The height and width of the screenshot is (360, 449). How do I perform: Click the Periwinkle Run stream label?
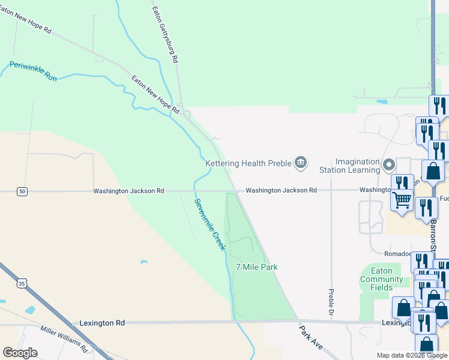[33, 71]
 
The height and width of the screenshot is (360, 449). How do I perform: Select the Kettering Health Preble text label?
[247, 163]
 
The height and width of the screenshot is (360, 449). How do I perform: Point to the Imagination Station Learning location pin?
[389, 164]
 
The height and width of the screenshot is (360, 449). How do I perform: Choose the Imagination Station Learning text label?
[357, 166]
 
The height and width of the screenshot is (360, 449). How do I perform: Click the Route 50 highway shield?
[22, 191]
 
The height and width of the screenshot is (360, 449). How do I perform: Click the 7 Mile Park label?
[256, 267]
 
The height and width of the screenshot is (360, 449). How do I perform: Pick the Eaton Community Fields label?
[382, 279]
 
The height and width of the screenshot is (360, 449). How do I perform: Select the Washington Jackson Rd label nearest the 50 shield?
[128, 191]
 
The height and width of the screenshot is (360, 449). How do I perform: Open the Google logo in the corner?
[20, 352]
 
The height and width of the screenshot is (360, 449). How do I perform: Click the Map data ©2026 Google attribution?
[412, 355]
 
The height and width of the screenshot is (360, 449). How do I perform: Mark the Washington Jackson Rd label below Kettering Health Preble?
[281, 190]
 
